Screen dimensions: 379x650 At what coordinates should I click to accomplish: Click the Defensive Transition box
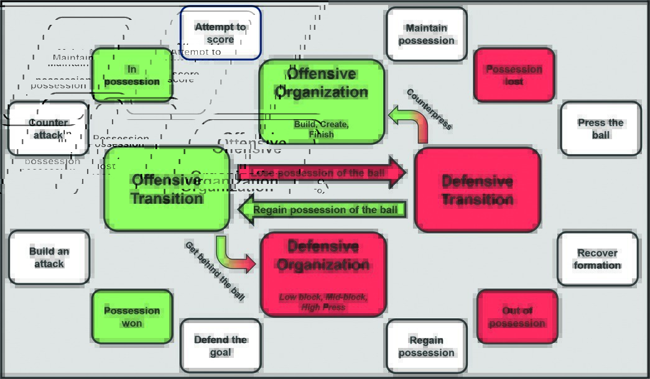point(477,189)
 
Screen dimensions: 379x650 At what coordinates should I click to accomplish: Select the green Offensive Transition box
point(167,189)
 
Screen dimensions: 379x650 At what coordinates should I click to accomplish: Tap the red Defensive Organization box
point(323,273)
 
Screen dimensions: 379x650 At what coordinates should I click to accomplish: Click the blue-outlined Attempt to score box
point(220,33)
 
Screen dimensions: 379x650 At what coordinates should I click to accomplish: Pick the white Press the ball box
point(600,128)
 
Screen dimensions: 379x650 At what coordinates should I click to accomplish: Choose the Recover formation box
point(597,258)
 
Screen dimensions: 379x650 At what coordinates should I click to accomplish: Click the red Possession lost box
point(514,75)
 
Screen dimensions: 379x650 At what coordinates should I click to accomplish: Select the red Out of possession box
point(517,316)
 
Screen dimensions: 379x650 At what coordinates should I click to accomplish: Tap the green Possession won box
point(132,316)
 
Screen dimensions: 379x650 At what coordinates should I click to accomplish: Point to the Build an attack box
point(49,257)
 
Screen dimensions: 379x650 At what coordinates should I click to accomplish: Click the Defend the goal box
point(220,345)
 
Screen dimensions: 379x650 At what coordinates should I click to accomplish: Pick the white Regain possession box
point(426,346)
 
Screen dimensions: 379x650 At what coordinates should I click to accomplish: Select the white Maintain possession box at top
point(426,34)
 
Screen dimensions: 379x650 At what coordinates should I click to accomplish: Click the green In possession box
point(132,75)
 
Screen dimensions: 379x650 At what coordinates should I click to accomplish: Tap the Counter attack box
point(48,129)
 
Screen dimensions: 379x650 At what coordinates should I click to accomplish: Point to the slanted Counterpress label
point(429,109)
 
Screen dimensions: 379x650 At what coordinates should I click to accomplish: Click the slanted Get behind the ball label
point(215,271)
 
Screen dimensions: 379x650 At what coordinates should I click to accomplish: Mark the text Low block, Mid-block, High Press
point(323,302)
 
